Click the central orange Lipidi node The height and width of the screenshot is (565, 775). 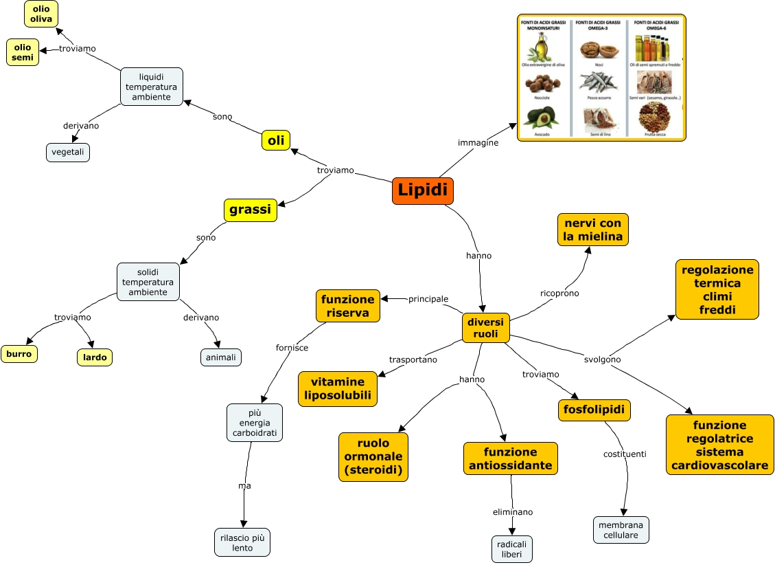point(422,191)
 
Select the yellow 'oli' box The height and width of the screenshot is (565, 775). point(276,140)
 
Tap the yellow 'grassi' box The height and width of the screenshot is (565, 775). point(250,210)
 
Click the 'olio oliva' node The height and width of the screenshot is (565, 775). point(41,14)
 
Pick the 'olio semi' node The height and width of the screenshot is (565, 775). point(23,52)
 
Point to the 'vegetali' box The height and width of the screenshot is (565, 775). point(68,152)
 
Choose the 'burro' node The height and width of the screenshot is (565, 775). point(19,354)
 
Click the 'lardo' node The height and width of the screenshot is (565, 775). point(94,357)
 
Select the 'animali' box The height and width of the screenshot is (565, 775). point(221,357)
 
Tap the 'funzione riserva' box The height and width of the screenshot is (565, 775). point(348,306)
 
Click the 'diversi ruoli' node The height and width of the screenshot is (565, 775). point(485,328)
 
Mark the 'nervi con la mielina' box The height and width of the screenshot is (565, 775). point(592,230)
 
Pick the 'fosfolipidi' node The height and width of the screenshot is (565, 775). point(594,410)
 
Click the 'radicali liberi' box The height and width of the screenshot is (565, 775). point(512,549)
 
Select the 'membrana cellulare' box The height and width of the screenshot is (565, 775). point(621,530)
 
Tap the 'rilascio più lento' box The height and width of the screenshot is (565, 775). point(242,542)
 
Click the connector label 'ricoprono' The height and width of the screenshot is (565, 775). point(559,293)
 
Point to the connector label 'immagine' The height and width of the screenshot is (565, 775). point(478,143)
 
